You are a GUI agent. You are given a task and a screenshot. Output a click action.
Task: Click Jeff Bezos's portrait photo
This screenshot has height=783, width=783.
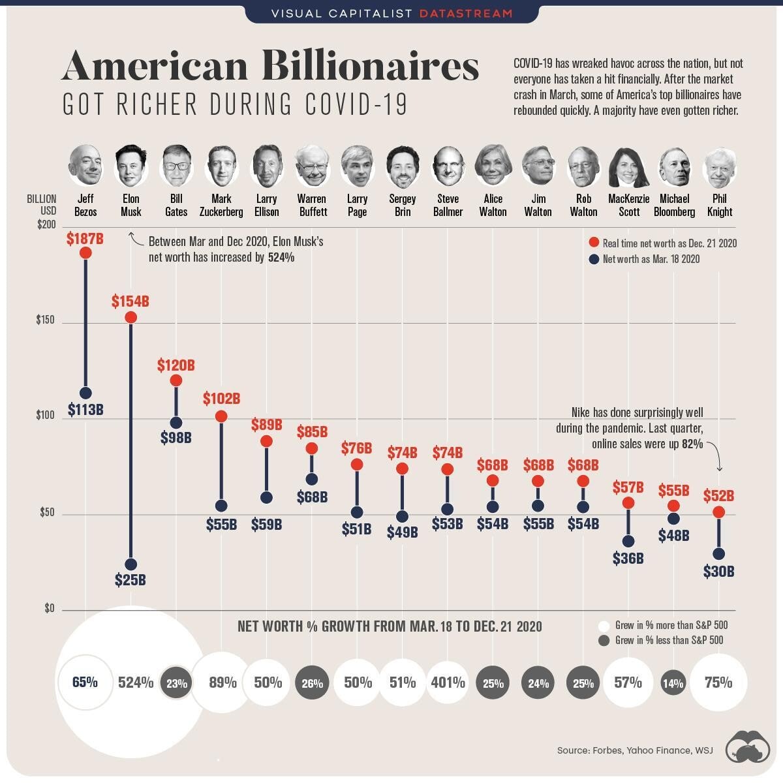[x=85, y=164]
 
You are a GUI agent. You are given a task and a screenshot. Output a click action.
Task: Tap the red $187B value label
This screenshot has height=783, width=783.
[x=85, y=239]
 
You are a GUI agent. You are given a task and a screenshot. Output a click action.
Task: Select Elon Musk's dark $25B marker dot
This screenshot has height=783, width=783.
[x=130, y=564]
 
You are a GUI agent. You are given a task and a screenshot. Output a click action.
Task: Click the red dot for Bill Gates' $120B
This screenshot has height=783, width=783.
[x=176, y=380]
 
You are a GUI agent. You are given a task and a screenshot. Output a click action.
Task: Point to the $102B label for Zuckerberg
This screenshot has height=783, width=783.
[x=221, y=398]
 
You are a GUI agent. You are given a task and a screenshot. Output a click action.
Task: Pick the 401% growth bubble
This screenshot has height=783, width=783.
[x=448, y=683]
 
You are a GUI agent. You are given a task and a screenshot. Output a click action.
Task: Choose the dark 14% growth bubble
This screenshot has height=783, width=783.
[x=673, y=683]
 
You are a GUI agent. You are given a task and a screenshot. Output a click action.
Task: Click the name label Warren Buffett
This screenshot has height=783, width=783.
[x=312, y=205]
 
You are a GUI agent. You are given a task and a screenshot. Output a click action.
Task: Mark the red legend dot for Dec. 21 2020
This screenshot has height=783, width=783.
[x=594, y=243]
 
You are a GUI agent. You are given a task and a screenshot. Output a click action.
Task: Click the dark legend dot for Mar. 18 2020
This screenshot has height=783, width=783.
[x=594, y=259]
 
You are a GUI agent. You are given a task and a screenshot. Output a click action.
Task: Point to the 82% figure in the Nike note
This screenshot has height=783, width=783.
[x=692, y=444]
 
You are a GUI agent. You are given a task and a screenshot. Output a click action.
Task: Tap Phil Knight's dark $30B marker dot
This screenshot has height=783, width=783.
[x=719, y=554]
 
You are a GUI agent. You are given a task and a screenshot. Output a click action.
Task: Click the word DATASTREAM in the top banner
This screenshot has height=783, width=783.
[x=466, y=13]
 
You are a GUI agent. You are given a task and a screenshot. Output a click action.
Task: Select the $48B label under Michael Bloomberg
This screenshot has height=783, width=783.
[x=673, y=536]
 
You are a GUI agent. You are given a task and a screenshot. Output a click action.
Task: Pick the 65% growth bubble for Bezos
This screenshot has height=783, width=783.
[x=85, y=683]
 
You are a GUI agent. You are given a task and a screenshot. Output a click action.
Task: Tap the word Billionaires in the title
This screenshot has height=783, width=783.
[x=370, y=67]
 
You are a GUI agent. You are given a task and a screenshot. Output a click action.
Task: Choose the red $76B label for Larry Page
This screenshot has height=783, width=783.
[x=356, y=448]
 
